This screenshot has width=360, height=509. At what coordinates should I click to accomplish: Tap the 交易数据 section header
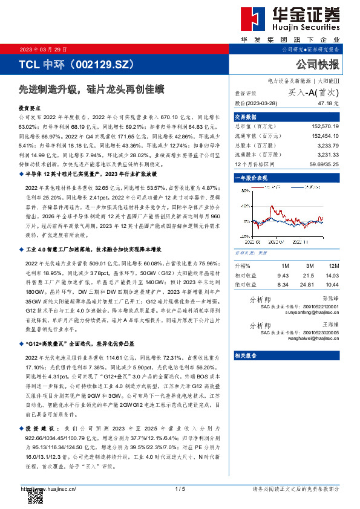(x=246, y=117)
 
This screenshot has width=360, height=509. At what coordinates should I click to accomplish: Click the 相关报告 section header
(x=246, y=355)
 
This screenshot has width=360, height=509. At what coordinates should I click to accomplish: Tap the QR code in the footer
(x=34, y=498)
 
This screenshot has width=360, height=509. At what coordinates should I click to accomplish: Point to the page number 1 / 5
(x=180, y=488)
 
